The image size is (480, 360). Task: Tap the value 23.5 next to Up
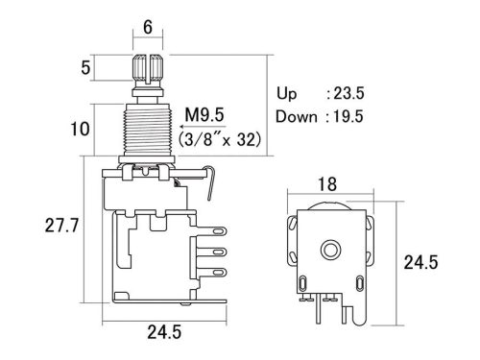coord(345,94)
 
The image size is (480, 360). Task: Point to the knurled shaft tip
coord(146,70)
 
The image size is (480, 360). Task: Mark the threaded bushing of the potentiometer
coord(146,127)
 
